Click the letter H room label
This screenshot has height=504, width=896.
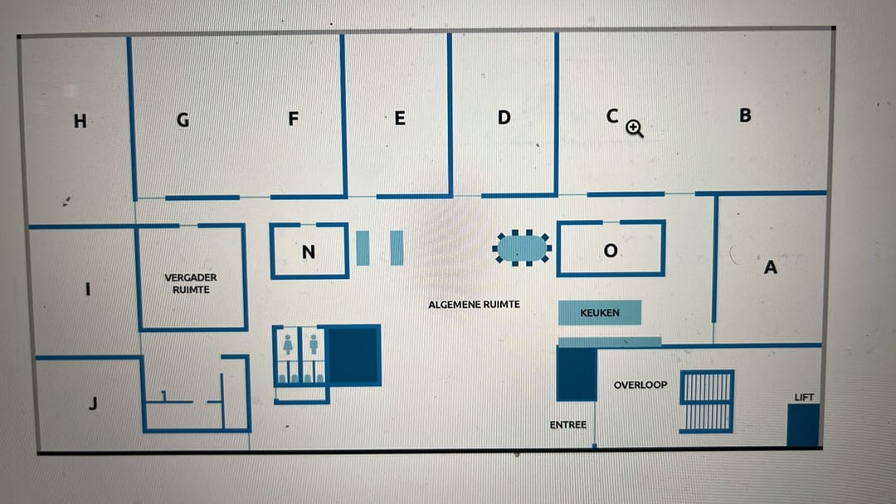[x=80, y=121]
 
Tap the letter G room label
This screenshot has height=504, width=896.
[x=183, y=120]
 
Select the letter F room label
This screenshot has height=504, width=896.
[x=293, y=120]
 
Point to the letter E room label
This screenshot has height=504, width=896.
[x=400, y=119]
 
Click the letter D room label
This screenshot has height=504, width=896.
[x=504, y=117]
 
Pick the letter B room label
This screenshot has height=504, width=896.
[x=745, y=115]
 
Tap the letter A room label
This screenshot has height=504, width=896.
[x=770, y=267]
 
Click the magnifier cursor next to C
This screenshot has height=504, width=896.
[x=635, y=128]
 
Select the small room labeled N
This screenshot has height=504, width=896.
[x=309, y=252]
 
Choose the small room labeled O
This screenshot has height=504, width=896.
[x=611, y=250]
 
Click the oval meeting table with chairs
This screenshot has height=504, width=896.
[x=522, y=247]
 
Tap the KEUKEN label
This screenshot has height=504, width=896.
[x=600, y=313]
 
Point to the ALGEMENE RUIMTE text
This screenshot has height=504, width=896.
[x=474, y=305]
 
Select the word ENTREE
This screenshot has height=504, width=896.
[x=567, y=425]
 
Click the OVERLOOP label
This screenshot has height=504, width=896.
[x=640, y=384]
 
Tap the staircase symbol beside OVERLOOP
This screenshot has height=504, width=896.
[x=707, y=401]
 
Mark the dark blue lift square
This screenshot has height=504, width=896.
[x=803, y=424]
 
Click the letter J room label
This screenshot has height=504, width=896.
[x=93, y=404]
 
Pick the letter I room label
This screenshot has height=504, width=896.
[x=88, y=290]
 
